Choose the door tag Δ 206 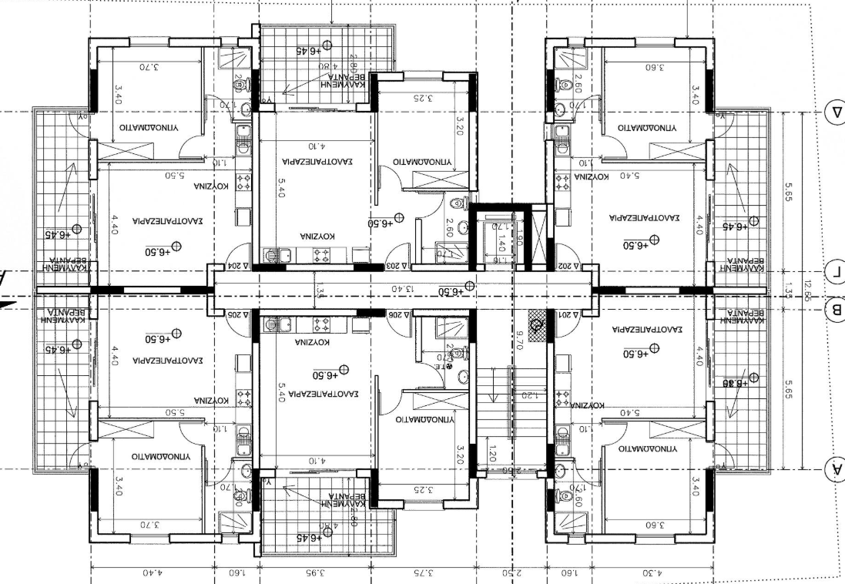pyautogui.click(x=397, y=314)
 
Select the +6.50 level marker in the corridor pyautogui.click(x=454, y=290)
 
